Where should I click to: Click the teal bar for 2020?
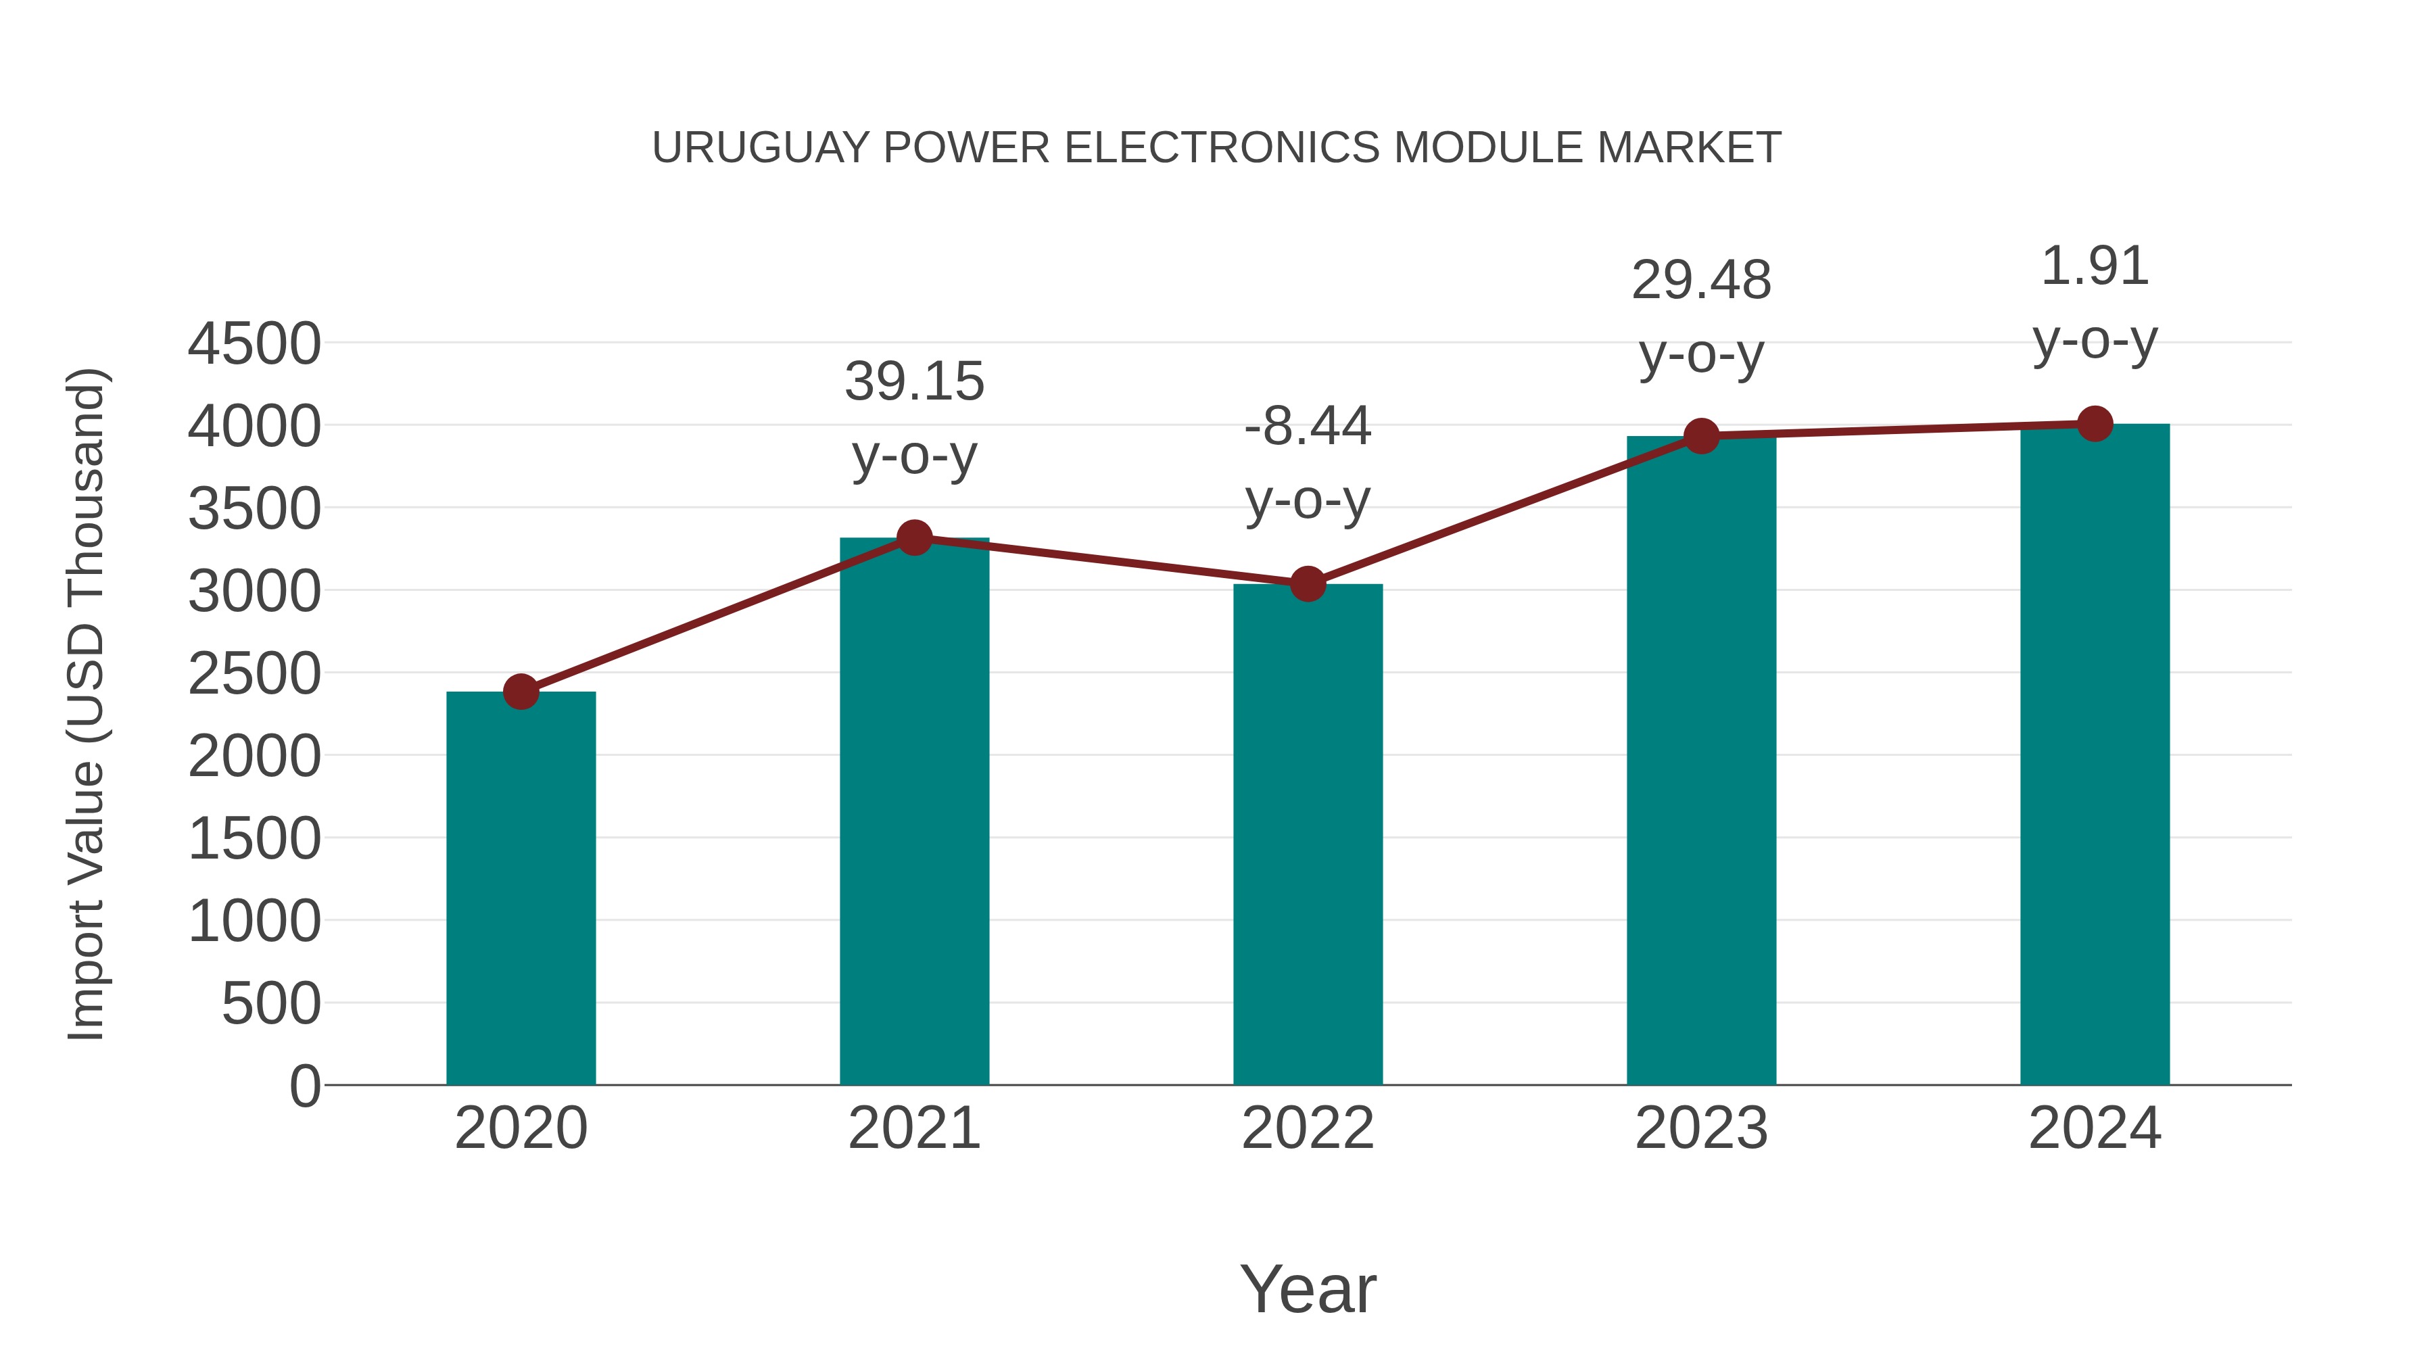point(521,888)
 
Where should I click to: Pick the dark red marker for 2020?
point(521,692)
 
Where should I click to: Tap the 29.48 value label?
point(1701,281)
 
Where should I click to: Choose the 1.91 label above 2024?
point(2095,266)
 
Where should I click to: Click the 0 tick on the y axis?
point(304,1086)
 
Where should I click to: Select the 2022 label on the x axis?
point(1308,1128)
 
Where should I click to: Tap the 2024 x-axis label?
point(2095,1128)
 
